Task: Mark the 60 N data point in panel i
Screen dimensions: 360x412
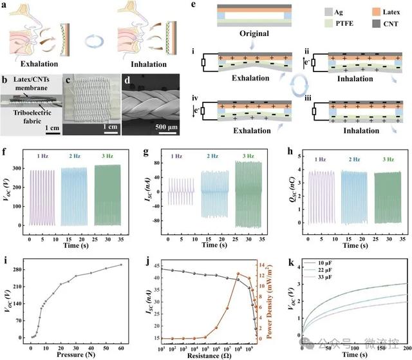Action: pos(121,265)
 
